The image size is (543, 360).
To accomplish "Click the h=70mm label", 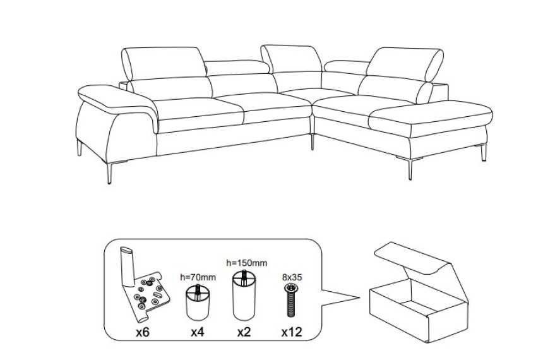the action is (198, 277).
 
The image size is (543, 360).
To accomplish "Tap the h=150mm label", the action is (247, 263).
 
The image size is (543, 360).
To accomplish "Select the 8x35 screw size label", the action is (292, 277).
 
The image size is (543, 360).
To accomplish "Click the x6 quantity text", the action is (142, 332).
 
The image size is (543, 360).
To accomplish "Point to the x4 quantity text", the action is (198, 332).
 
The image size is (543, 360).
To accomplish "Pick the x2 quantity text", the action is (244, 332).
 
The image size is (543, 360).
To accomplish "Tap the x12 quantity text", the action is (292, 332).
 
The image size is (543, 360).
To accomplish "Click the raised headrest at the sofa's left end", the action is (164, 63).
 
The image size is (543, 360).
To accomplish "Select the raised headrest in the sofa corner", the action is (292, 59).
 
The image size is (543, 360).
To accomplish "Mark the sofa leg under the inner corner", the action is (313, 142).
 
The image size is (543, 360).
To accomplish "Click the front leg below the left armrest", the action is (109, 173).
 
